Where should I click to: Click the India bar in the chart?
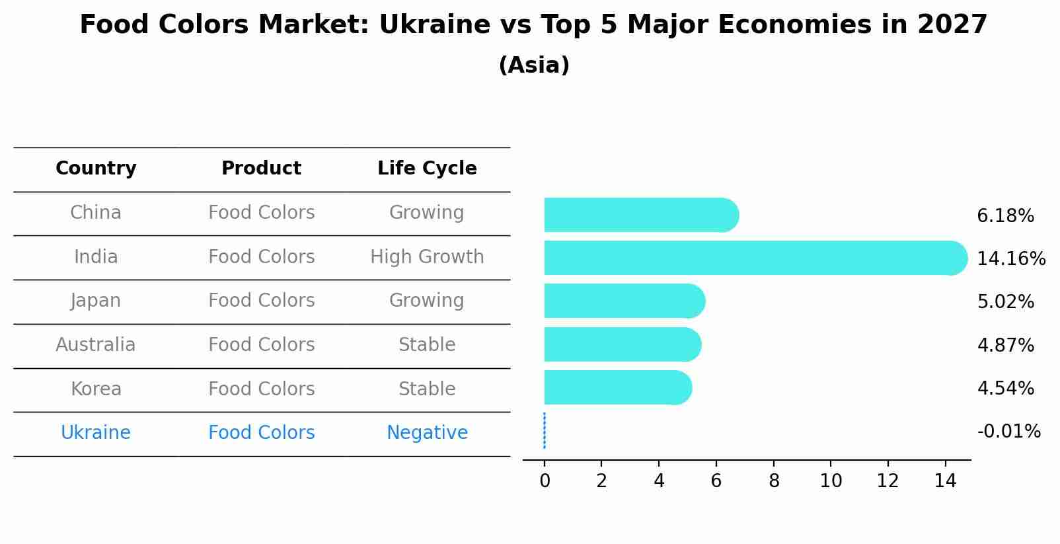753,258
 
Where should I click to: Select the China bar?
640,215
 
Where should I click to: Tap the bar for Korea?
617,387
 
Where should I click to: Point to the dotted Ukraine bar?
544,430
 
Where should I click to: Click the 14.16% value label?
1010,258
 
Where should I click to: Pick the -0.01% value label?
1008,432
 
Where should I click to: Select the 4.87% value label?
1005,345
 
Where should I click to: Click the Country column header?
96,169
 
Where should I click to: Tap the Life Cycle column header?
427,169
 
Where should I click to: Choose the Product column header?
261,169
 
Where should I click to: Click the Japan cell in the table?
96,301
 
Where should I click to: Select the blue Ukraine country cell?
96,433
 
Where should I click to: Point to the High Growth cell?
427,256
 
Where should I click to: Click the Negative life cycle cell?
427,433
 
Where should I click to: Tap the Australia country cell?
96,345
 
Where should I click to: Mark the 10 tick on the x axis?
831,481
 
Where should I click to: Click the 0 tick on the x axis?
545,481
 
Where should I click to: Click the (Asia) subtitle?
534,65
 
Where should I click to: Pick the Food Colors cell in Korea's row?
261,389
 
